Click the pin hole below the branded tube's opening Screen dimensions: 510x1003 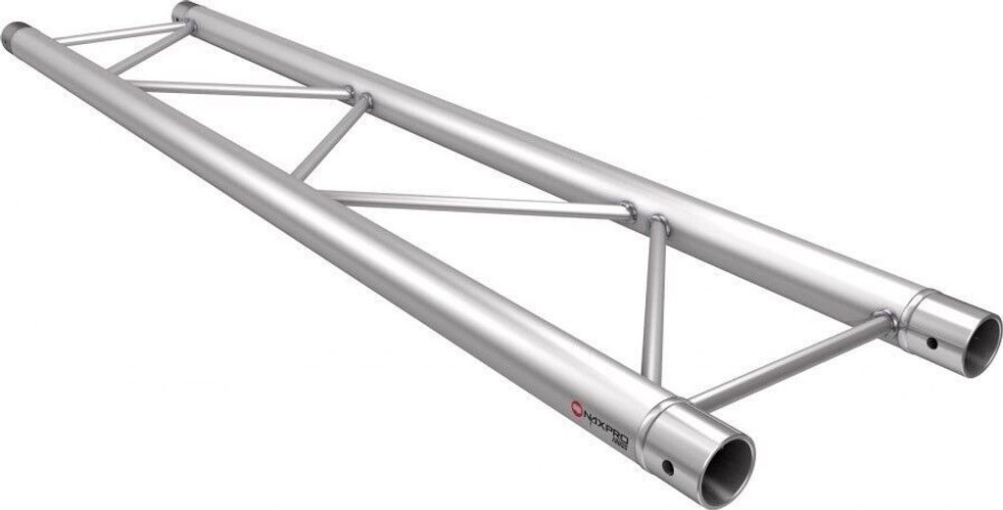point(668,466)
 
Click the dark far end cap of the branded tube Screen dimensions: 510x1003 point(15,36)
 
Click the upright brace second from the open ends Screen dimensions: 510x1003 point(654,299)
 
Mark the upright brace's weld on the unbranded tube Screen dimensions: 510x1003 point(658,224)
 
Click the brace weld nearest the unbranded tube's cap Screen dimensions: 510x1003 point(186,25)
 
